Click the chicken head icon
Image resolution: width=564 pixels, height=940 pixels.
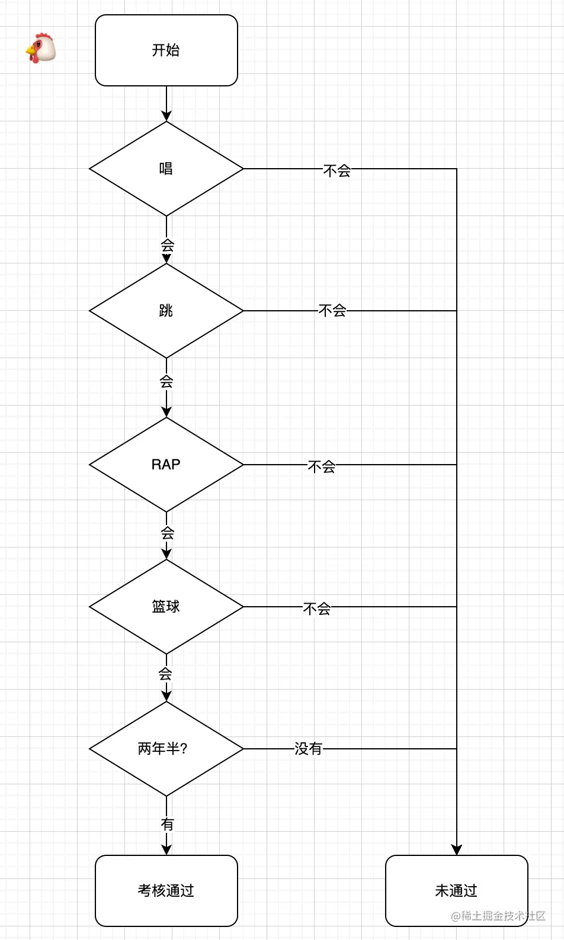pos(40,48)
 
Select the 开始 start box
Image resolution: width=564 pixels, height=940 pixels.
pos(166,50)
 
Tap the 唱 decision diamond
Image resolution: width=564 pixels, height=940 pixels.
pos(166,169)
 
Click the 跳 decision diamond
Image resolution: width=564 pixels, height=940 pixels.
pos(166,311)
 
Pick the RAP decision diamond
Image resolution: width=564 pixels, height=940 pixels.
pos(166,465)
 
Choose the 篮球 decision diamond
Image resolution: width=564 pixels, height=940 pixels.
pos(166,607)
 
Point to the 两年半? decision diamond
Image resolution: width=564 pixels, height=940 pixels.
pos(166,749)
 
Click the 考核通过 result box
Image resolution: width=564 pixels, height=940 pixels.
pos(166,890)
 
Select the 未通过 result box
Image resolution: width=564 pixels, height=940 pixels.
pos(456,890)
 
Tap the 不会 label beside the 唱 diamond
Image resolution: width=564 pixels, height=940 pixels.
pos(337,171)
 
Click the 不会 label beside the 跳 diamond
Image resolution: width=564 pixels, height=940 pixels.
pos(332,311)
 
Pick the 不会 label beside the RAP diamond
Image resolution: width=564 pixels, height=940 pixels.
pos(322,466)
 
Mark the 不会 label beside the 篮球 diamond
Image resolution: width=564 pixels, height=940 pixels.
pos(317,609)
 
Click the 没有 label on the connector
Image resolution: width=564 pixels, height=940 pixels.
pos(308,749)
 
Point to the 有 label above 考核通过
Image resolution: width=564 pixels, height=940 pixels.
pos(167,824)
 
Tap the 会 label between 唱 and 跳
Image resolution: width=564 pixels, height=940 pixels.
pos(167,244)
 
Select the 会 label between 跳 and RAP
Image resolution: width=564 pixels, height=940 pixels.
pos(166,382)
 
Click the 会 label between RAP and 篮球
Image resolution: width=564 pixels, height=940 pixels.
pos(167,533)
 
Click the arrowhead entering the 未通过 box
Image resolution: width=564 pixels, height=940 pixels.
pos(456,850)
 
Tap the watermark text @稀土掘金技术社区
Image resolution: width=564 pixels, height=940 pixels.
pos(498,916)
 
